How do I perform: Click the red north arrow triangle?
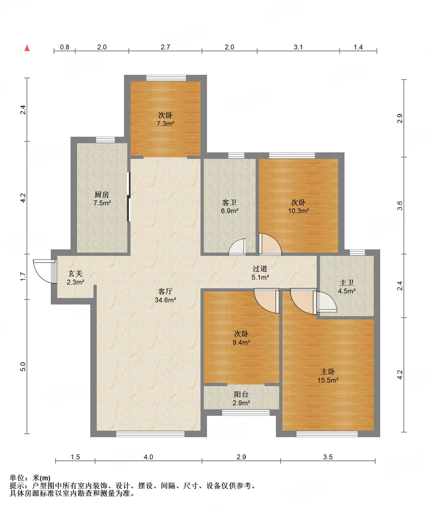[x=27, y=48]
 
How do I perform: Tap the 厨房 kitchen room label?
[x=102, y=195]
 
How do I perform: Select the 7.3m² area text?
[x=165, y=124]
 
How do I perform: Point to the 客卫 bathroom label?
[x=229, y=202]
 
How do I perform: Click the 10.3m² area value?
[x=298, y=211]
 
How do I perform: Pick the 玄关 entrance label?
[x=75, y=274]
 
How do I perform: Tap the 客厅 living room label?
[x=165, y=291]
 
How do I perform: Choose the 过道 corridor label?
[x=260, y=269]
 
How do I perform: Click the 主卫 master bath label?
[x=347, y=283]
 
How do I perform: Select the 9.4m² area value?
[x=241, y=342]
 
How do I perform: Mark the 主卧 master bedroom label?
[x=328, y=372]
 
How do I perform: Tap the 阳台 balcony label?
[x=241, y=394]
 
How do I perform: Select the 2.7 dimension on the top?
[x=165, y=47]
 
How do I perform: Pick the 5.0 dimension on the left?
[x=23, y=367]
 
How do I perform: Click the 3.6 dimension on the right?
[x=400, y=206]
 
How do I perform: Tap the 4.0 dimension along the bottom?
[x=148, y=457]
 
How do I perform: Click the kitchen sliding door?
[x=129, y=197]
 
